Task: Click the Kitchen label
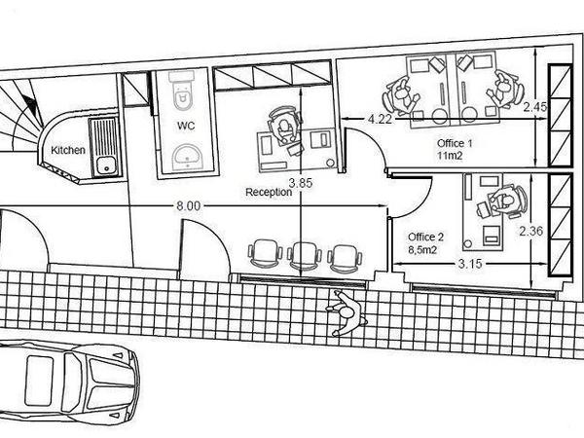(68, 151)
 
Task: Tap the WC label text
(186, 126)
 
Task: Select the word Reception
(269, 192)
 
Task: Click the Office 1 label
(455, 143)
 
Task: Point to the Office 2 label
(426, 237)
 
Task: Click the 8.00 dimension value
(188, 206)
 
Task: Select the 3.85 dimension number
(301, 183)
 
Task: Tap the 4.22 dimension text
(380, 119)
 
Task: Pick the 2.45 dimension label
(535, 107)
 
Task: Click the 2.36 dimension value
(531, 232)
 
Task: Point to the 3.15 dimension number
(470, 264)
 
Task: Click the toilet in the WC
(182, 91)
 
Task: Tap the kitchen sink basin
(106, 166)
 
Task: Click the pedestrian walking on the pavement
(347, 312)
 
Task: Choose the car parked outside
(69, 383)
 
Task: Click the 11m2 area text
(450, 156)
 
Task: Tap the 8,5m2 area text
(422, 250)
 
